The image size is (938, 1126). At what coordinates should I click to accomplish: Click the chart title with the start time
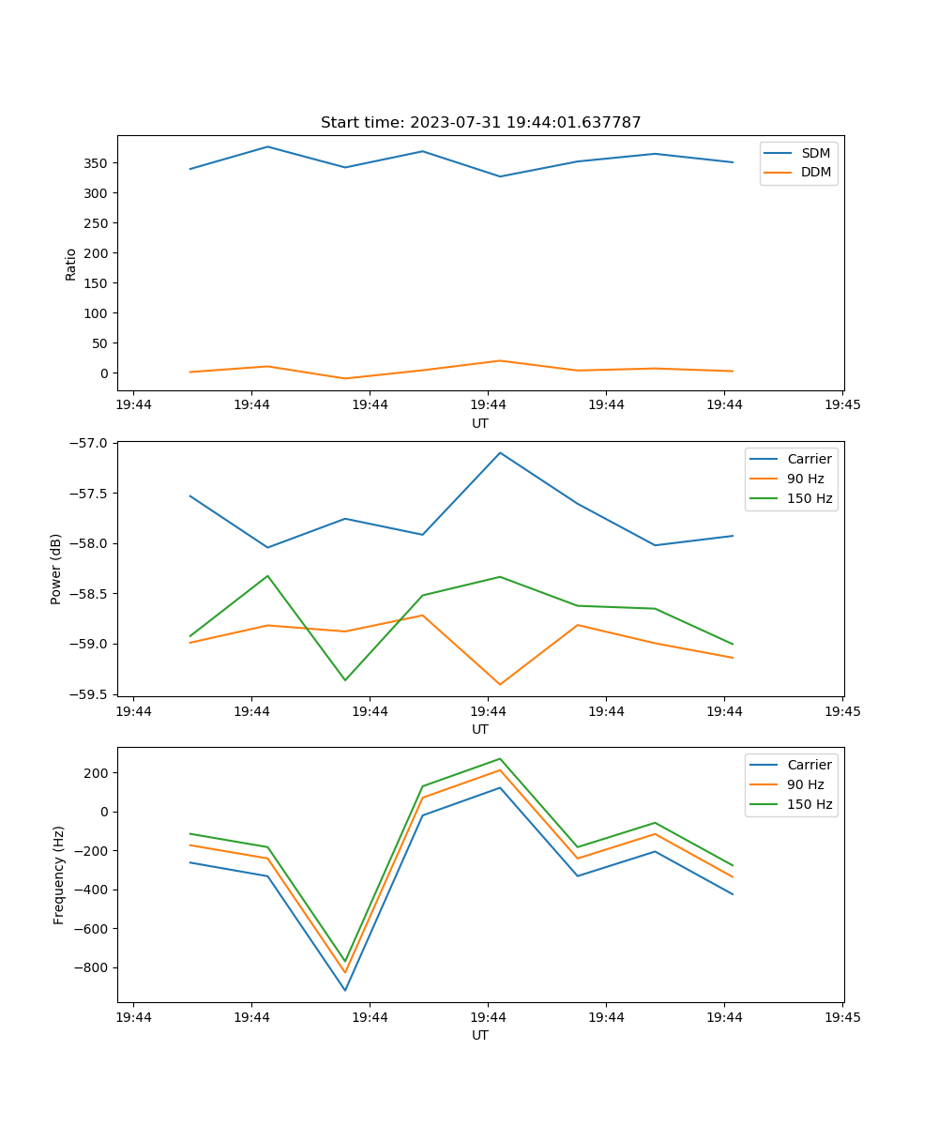(480, 123)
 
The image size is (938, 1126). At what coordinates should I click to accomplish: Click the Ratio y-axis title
(71, 264)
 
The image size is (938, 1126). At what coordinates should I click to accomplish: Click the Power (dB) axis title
(56, 569)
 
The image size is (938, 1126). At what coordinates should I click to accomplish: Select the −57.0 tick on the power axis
(90, 443)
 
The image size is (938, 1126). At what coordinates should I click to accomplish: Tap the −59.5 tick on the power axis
(90, 694)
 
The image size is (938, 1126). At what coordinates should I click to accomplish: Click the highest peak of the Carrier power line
(500, 452)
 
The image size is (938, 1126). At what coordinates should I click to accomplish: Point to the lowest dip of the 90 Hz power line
(500, 684)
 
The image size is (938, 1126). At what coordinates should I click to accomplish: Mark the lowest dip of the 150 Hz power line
(345, 680)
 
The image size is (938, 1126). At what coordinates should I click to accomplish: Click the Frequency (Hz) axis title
(58, 875)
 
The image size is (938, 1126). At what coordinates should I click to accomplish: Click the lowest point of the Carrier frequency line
(345, 990)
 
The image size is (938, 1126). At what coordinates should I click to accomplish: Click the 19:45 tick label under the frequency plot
(842, 1017)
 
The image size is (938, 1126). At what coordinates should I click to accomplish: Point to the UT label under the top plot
(480, 423)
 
